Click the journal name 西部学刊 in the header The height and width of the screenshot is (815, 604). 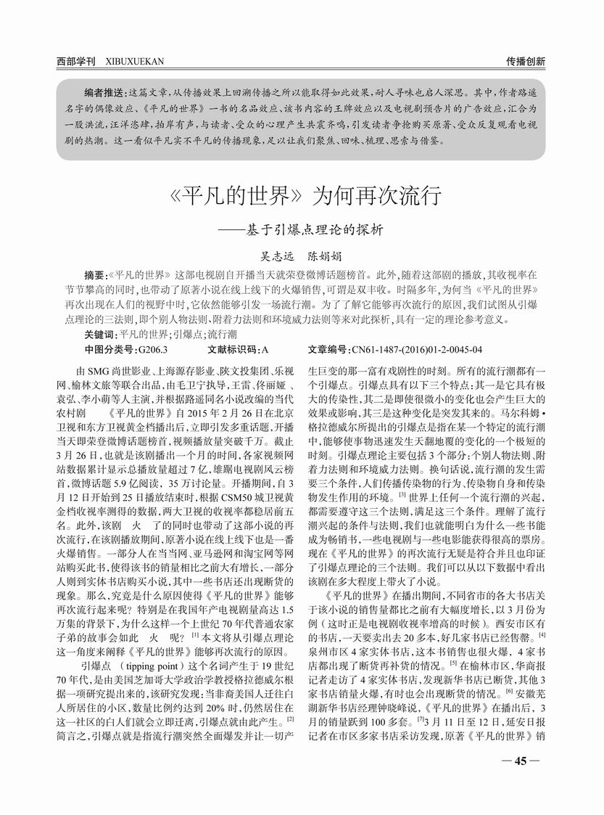tap(75, 62)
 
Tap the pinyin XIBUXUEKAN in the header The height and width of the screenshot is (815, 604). tap(134, 62)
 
